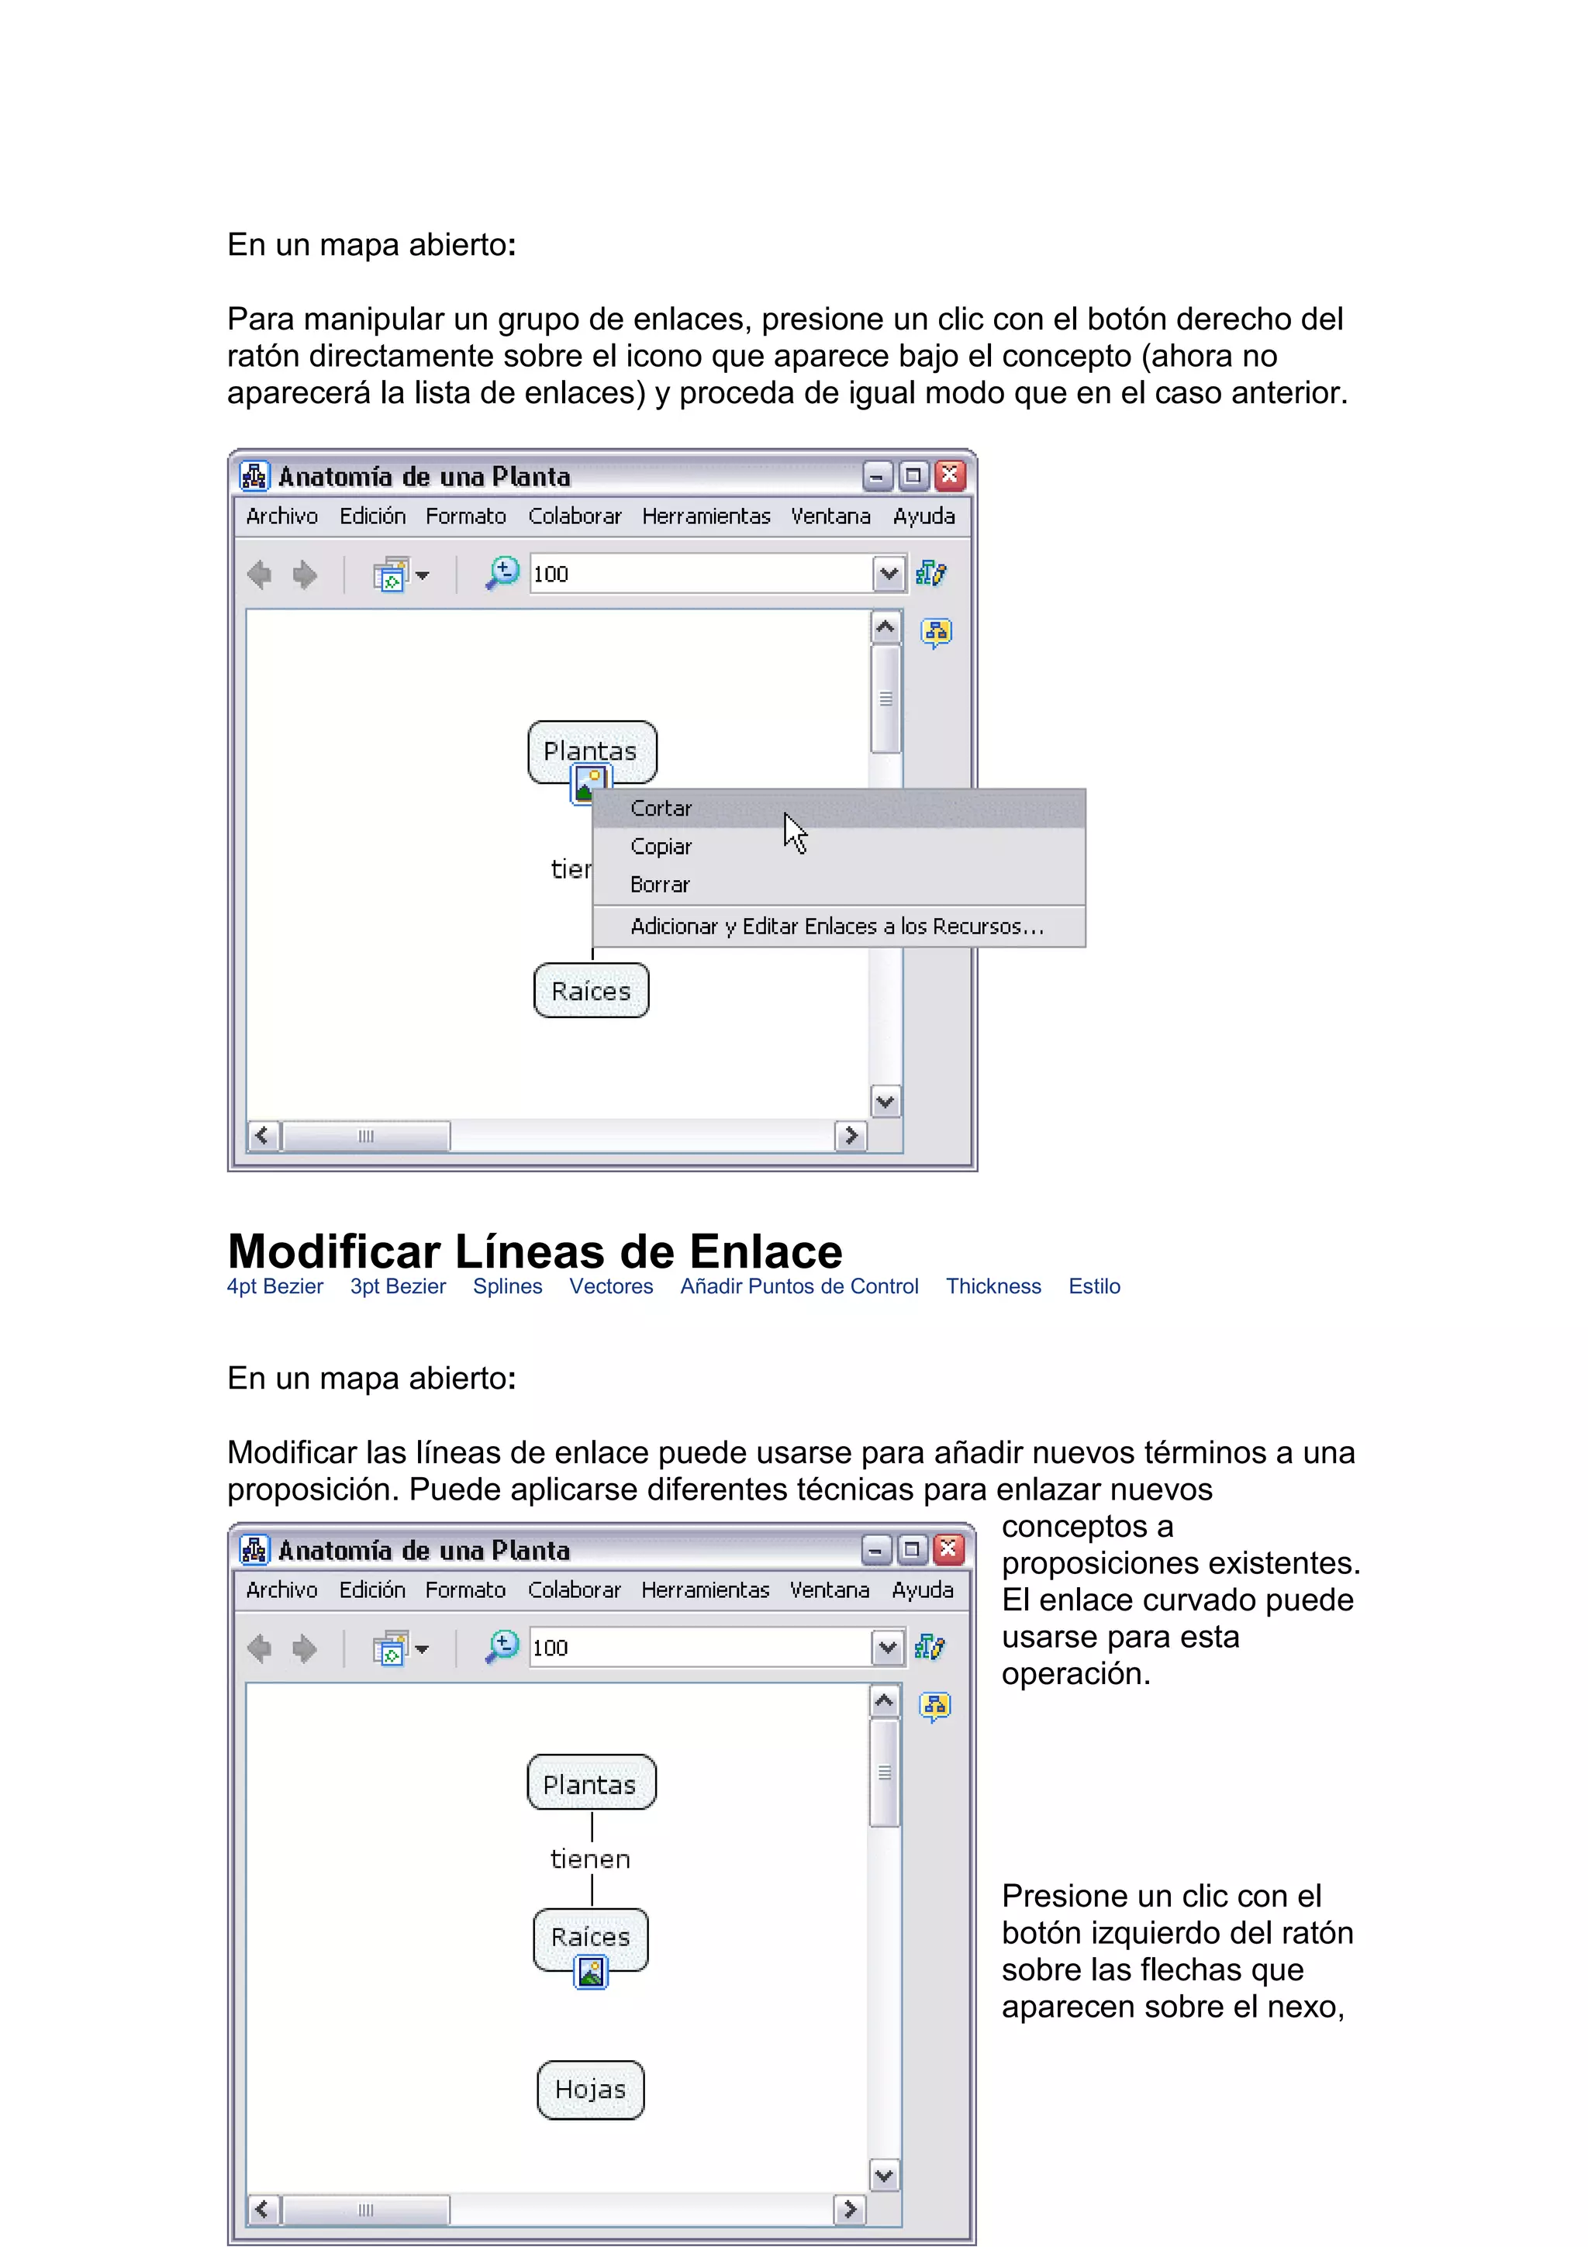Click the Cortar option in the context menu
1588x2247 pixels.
(x=661, y=809)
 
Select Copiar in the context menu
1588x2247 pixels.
(x=661, y=847)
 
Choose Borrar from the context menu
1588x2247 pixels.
(x=661, y=885)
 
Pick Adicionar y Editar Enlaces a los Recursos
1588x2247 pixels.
(x=837, y=926)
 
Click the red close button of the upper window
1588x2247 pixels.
(x=950, y=477)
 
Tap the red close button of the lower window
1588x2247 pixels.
(x=948, y=1549)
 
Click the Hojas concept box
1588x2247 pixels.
(x=590, y=2090)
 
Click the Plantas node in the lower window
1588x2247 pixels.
(x=590, y=1784)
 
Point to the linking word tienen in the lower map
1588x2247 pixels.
(x=590, y=1859)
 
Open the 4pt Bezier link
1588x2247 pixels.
(x=275, y=1286)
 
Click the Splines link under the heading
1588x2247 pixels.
(x=507, y=1286)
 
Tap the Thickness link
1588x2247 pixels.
(x=993, y=1286)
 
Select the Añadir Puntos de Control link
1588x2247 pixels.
(x=799, y=1286)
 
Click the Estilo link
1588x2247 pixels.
(x=1094, y=1286)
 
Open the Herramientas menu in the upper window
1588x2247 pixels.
(x=706, y=516)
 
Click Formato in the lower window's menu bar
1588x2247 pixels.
(x=464, y=1589)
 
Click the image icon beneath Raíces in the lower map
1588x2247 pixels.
(x=591, y=1971)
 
